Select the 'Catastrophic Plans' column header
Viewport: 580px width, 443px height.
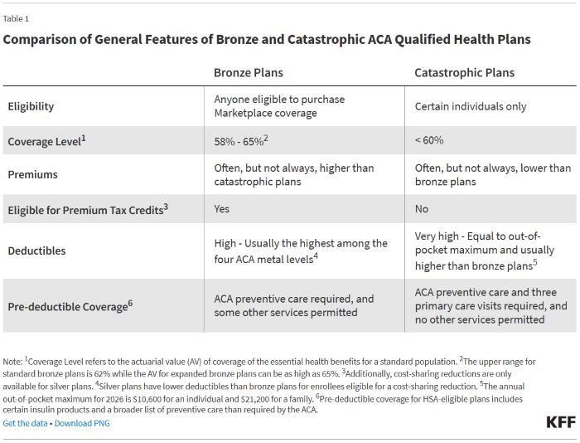point(464,72)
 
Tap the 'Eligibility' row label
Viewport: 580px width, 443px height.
point(31,106)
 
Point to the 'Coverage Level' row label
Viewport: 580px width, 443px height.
point(46,141)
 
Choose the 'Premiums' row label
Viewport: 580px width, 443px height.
point(32,175)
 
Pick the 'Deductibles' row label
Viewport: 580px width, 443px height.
point(36,250)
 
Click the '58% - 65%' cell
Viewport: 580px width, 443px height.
point(241,141)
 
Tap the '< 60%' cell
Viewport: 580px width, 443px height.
point(429,141)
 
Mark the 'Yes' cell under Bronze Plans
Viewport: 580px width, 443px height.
point(222,209)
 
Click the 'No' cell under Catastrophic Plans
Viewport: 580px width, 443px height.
point(422,209)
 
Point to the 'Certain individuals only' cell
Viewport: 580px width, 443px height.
point(470,106)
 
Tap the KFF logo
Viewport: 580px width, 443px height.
point(560,422)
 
